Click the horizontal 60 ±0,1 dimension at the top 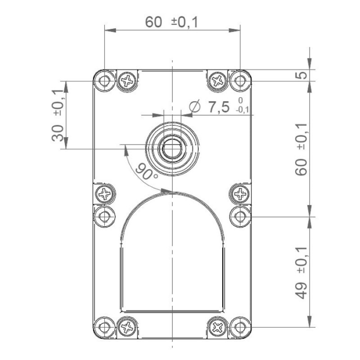[172, 22]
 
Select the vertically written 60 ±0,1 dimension [302, 149]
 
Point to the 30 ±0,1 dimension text [58, 115]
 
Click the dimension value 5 [303, 75]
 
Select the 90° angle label [147, 171]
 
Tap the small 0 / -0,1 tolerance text [241, 104]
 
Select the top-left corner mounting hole [105, 80]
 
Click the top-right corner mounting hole [239, 80]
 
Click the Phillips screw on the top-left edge [127, 80]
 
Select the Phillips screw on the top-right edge [218, 80]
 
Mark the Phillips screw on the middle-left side [105, 194]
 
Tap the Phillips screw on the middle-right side [240, 194]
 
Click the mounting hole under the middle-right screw [240, 216]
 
